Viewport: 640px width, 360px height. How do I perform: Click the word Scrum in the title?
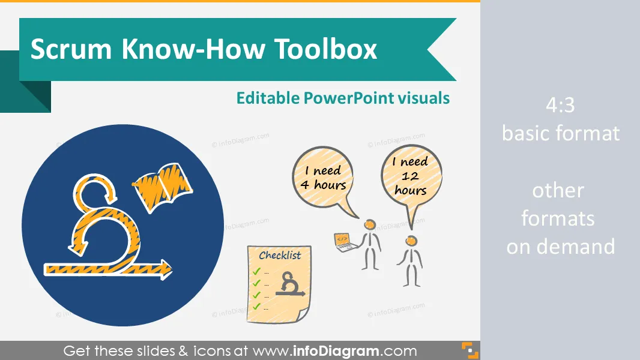point(71,49)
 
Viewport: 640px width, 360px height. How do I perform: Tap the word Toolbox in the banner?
point(325,49)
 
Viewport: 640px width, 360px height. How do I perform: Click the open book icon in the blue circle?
point(163,187)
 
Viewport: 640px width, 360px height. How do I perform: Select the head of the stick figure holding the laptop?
point(370,224)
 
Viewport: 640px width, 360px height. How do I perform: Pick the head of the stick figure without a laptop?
point(411,241)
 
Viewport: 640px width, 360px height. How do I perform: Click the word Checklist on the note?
point(280,255)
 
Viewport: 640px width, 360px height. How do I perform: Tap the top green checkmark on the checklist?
point(256,271)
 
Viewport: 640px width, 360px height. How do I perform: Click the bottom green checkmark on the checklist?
point(256,307)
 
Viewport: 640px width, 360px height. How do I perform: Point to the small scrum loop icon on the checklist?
point(289,284)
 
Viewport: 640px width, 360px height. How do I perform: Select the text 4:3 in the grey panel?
point(560,105)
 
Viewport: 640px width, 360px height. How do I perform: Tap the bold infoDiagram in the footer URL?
point(336,351)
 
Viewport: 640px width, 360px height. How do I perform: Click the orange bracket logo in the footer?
point(470,350)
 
